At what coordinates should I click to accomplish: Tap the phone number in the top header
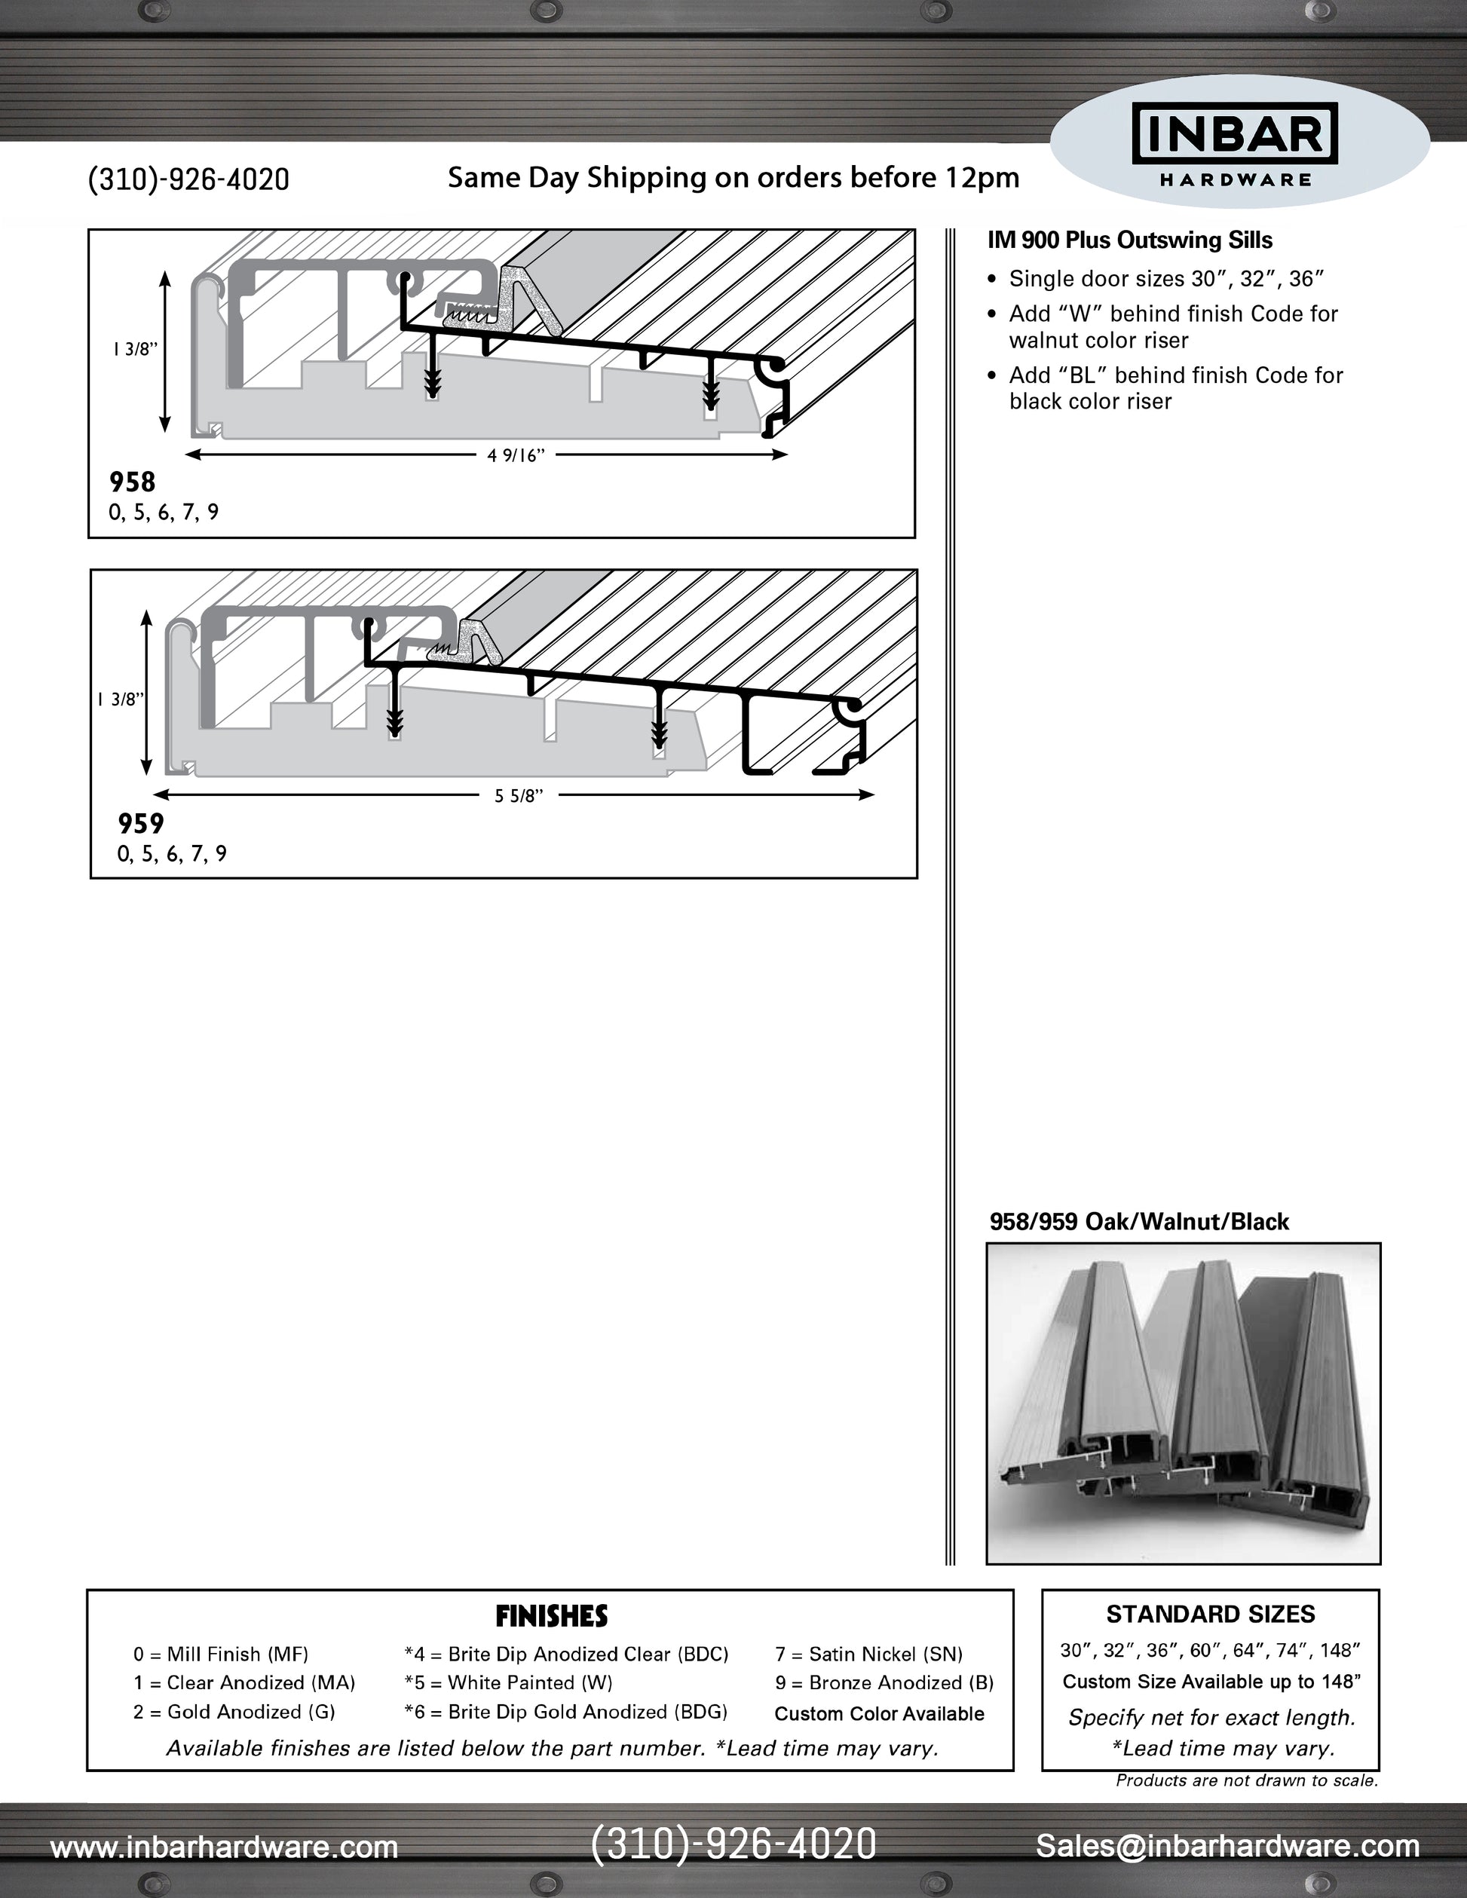[188, 179]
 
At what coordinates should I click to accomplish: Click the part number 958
[132, 482]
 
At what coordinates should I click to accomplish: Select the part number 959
[141, 823]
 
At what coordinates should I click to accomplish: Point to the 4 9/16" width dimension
[516, 455]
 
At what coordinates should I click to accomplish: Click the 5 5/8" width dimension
[519, 796]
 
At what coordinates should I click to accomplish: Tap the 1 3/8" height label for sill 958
[135, 349]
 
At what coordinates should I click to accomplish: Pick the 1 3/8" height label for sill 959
[120, 700]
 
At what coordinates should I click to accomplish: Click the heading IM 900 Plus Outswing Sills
[1130, 240]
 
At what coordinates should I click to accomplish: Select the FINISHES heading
[551, 1616]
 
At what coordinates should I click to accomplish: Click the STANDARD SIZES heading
[1211, 1615]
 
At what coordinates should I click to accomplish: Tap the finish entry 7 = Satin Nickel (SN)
[869, 1654]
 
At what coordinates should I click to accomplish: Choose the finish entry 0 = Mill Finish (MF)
[221, 1654]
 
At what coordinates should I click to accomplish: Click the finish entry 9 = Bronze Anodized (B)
[884, 1682]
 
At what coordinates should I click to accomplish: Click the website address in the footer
[224, 1846]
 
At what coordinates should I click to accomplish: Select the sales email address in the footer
[1227, 1845]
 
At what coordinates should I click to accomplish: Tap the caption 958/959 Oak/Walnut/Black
[1138, 1222]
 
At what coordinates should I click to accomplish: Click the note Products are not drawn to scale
[1247, 1780]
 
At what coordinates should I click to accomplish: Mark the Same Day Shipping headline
[733, 178]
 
